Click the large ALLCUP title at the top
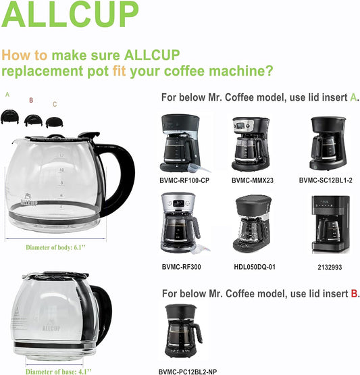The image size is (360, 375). [70, 14]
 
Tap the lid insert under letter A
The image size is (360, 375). [9, 117]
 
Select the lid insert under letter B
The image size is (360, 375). [33, 120]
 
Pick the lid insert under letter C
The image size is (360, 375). [54, 122]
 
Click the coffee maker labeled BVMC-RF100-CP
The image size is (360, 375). [182, 143]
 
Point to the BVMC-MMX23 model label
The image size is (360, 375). [253, 180]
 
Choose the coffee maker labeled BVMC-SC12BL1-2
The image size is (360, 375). [328, 143]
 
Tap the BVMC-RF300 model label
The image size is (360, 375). [182, 267]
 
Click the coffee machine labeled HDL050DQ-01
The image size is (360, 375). [253, 224]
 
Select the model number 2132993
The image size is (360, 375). [330, 267]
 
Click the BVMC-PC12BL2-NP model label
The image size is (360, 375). [188, 372]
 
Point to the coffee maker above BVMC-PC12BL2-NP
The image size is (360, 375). [184, 331]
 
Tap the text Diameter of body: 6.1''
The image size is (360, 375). [55, 247]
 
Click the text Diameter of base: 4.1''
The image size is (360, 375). [59, 372]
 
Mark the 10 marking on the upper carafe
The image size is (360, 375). [62, 170]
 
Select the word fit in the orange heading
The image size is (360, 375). [119, 71]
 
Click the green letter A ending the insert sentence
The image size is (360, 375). [353, 97]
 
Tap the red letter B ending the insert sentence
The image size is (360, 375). [355, 293]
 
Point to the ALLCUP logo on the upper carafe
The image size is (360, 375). [28, 200]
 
